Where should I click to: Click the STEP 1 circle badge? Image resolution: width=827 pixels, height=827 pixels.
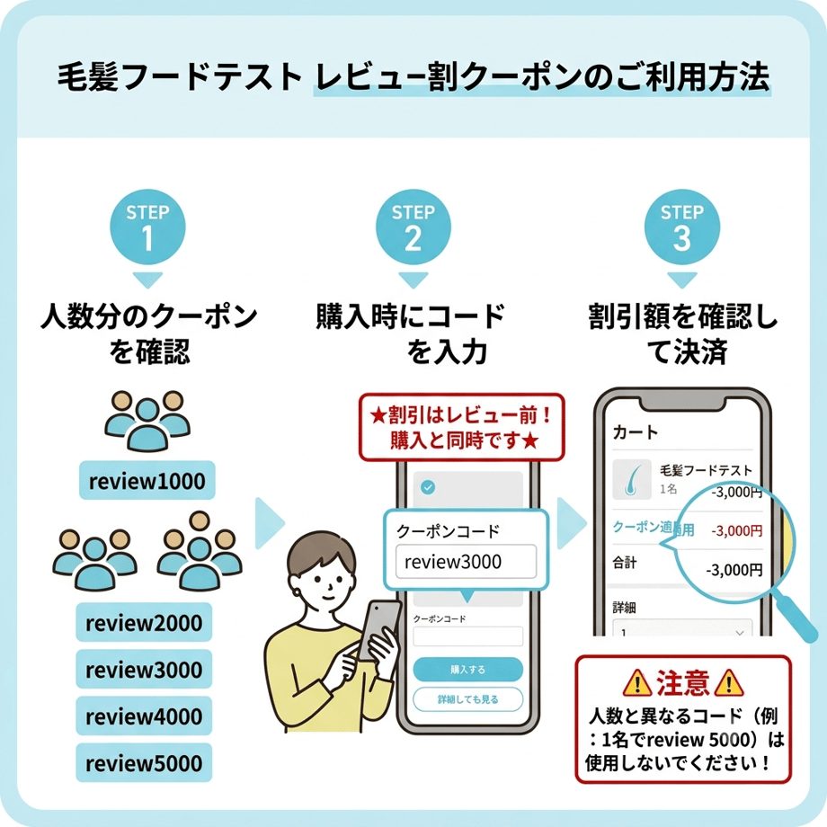pyautogui.click(x=147, y=227)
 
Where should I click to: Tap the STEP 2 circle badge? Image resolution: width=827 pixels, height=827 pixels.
pyautogui.click(x=413, y=227)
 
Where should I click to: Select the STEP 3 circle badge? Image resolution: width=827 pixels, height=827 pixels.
pyautogui.click(x=682, y=227)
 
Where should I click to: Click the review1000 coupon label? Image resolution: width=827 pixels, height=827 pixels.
pyautogui.click(x=147, y=481)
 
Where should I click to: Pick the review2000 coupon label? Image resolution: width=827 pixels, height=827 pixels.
pyautogui.click(x=144, y=622)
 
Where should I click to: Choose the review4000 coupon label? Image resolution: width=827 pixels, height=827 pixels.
pyautogui.click(x=144, y=716)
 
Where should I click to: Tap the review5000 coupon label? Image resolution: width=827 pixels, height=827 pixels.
pyautogui.click(x=144, y=762)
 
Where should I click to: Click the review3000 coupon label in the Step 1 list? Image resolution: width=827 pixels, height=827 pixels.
pyautogui.click(x=144, y=670)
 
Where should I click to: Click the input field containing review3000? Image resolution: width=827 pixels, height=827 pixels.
pyautogui.click(x=467, y=562)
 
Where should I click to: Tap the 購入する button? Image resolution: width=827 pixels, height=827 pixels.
pyautogui.click(x=467, y=670)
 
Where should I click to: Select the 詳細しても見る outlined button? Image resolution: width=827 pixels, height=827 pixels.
pyautogui.click(x=467, y=699)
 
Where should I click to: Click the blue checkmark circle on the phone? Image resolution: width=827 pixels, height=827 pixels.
pyautogui.click(x=428, y=487)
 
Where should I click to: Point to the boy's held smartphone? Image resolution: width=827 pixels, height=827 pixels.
pyautogui.click(x=378, y=629)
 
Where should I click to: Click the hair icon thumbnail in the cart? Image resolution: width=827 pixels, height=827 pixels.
pyautogui.click(x=632, y=479)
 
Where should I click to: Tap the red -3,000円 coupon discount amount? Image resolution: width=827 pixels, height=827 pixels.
pyautogui.click(x=737, y=530)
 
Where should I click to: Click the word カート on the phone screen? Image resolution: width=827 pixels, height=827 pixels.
pyautogui.click(x=636, y=432)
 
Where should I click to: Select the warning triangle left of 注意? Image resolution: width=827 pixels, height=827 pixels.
pyautogui.click(x=637, y=682)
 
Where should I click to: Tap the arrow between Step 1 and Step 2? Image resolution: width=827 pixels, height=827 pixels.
pyautogui.click(x=270, y=523)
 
